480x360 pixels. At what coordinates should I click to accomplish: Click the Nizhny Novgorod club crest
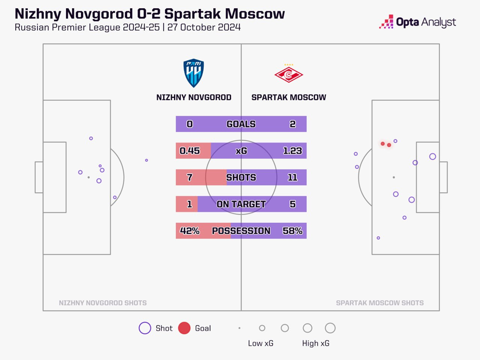[193, 73]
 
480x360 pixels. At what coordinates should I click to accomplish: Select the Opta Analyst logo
[418, 22]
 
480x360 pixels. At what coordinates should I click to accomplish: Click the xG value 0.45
[190, 151]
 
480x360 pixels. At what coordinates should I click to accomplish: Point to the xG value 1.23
[292, 151]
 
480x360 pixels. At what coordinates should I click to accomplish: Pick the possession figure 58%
[292, 231]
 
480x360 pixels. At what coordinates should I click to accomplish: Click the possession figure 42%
[190, 231]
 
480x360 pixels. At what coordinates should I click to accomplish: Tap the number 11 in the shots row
[292, 177]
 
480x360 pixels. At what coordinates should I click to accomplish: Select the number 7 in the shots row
[190, 177]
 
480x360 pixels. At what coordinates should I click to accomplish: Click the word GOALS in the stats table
[241, 124]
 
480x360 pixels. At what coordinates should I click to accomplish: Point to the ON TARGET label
[241, 204]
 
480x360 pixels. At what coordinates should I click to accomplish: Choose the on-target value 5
[292, 204]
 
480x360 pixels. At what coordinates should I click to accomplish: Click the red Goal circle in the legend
[184, 328]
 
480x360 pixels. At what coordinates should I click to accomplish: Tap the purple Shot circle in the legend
[145, 328]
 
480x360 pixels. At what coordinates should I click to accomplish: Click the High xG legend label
[315, 343]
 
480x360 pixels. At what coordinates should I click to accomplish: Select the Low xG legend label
[261, 343]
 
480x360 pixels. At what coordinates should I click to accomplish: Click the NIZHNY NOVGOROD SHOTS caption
[103, 303]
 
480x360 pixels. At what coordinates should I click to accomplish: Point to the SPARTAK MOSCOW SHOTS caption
[380, 303]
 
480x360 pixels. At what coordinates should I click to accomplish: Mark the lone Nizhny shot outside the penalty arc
[146, 160]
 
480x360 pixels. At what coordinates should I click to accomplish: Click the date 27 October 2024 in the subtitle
[204, 27]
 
